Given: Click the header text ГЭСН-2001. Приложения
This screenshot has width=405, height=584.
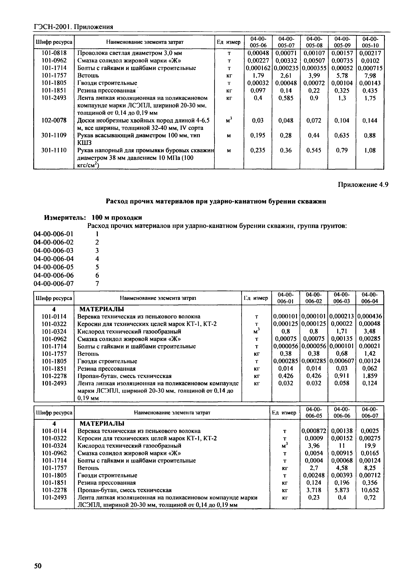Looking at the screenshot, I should tap(73, 27).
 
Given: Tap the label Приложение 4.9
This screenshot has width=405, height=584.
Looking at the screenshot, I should tap(363, 185).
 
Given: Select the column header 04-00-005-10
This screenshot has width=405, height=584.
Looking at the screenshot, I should tap(370, 42).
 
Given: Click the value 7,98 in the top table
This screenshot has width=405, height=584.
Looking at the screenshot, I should tap(370, 76).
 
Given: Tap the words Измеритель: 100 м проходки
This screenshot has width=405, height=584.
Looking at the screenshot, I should tap(93, 218).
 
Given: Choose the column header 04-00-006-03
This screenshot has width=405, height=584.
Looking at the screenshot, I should tap(342, 298).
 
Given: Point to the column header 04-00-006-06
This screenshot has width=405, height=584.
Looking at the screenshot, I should tap(342, 412).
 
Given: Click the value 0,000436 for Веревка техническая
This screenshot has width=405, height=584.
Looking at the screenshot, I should tap(370, 317).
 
